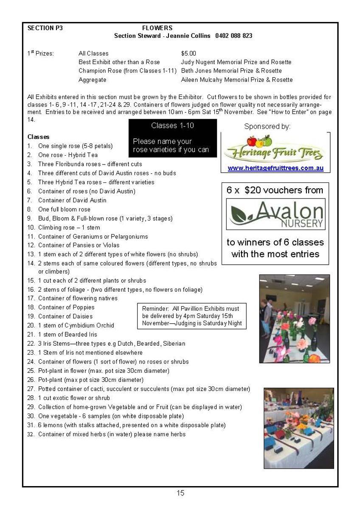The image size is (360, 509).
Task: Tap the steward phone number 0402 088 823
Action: click(x=233, y=36)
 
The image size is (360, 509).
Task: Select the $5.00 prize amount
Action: click(x=188, y=53)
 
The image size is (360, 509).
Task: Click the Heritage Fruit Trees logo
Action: click(x=275, y=149)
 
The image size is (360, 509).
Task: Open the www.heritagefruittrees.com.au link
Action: click(x=276, y=168)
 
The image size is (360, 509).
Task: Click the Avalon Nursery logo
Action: click(x=275, y=215)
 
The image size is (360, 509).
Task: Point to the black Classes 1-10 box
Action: click(x=172, y=138)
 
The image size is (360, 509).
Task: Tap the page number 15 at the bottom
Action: click(x=180, y=493)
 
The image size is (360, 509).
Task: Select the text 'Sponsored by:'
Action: click(x=267, y=127)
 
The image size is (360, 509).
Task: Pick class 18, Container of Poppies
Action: click(x=66, y=307)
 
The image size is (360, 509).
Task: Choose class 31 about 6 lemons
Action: click(x=132, y=425)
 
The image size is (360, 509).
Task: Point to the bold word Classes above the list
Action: click(x=39, y=137)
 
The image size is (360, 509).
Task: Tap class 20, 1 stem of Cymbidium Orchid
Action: click(x=76, y=325)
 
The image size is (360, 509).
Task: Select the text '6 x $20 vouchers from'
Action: click(x=275, y=190)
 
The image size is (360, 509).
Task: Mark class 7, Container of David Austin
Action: click(x=72, y=200)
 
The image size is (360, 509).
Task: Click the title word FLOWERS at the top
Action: click(x=157, y=28)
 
